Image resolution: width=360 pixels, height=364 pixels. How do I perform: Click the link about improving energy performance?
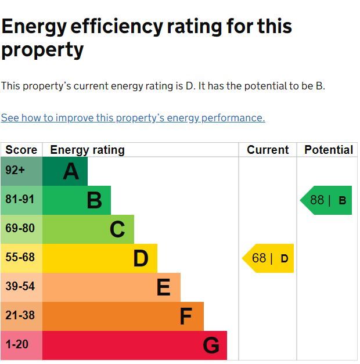pyautogui.click(x=133, y=118)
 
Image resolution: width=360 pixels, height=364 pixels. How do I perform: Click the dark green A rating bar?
pyautogui.click(x=65, y=171)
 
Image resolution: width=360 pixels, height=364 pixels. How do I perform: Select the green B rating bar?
pyautogui.click(x=77, y=200)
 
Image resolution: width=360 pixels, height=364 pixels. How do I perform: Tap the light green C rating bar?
pyautogui.click(x=88, y=229)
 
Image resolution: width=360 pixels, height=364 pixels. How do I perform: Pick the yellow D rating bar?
pyautogui.click(x=100, y=258)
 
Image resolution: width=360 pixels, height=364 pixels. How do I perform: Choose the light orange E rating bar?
pyautogui.click(x=111, y=287)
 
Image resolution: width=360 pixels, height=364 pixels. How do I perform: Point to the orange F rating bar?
pyautogui.click(x=123, y=316)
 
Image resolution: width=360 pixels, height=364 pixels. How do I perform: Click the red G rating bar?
pyautogui.click(x=135, y=345)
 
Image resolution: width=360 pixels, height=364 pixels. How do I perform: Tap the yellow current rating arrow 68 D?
pyautogui.click(x=268, y=258)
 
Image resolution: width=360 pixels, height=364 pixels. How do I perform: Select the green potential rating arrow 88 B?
pyautogui.click(x=327, y=200)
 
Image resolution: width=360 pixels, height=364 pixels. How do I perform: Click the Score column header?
pyautogui.click(x=21, y=150)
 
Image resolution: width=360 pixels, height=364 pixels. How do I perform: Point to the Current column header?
pyautogui.click(x=268, y=150)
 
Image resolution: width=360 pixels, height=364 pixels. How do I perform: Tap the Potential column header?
pyautogui.click(x=329, y=150)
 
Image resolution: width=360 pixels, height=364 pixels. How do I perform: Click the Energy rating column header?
pyautogui.click(x=88, y=150)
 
